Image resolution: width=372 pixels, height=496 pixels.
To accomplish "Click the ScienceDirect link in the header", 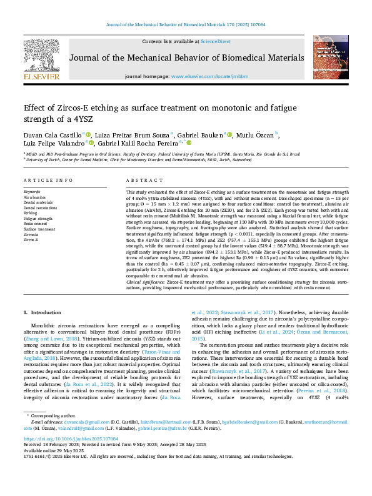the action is point(215,41).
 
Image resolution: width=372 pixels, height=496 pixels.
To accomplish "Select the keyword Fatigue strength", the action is point(38,219).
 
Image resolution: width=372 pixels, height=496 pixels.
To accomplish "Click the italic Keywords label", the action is point(32,191).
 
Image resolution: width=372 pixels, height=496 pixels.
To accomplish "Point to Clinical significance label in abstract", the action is point(146,282).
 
